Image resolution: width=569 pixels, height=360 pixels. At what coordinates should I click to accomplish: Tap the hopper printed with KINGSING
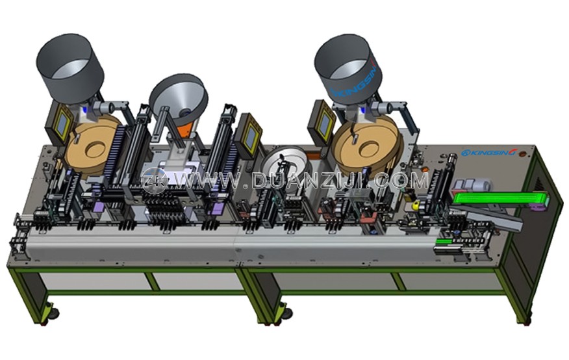click(x=348, y=70)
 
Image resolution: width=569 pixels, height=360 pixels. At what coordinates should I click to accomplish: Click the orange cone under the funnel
click(x=186, y=129)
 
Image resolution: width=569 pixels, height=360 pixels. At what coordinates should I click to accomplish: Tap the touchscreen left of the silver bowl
click(x=249, y=135)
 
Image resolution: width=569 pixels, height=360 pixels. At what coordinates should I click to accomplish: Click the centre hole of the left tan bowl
click(x=95, y=149)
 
